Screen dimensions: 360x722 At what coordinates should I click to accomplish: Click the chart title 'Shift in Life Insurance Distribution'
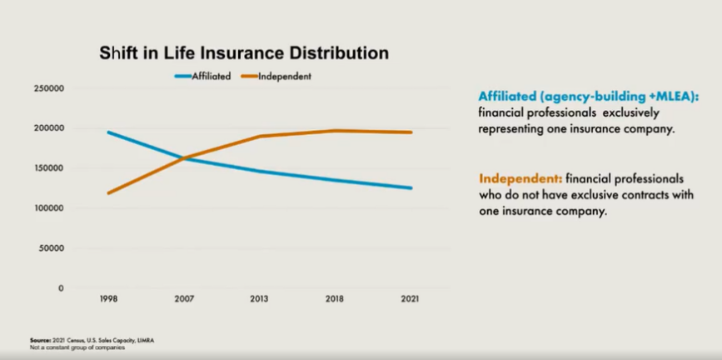244,53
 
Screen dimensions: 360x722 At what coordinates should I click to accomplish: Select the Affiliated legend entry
202,77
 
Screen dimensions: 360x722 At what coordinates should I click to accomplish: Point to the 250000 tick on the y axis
49,88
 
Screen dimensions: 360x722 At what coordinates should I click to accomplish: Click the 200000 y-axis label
49,128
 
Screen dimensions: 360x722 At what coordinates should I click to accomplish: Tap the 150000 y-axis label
49,168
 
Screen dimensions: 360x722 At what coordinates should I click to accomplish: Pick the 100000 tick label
49,208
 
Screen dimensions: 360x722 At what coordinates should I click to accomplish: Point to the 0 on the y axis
61,288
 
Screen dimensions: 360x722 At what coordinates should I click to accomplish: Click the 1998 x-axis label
107,299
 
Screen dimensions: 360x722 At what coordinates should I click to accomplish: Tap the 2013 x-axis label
259,299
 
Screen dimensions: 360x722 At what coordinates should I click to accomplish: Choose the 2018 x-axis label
335,299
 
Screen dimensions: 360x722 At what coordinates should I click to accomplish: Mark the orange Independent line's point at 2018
335,131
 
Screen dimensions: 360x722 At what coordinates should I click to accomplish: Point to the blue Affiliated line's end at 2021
411,188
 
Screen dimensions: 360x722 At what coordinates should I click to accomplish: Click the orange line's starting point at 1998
107,193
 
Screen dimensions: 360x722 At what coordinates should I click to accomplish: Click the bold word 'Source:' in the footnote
41,340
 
